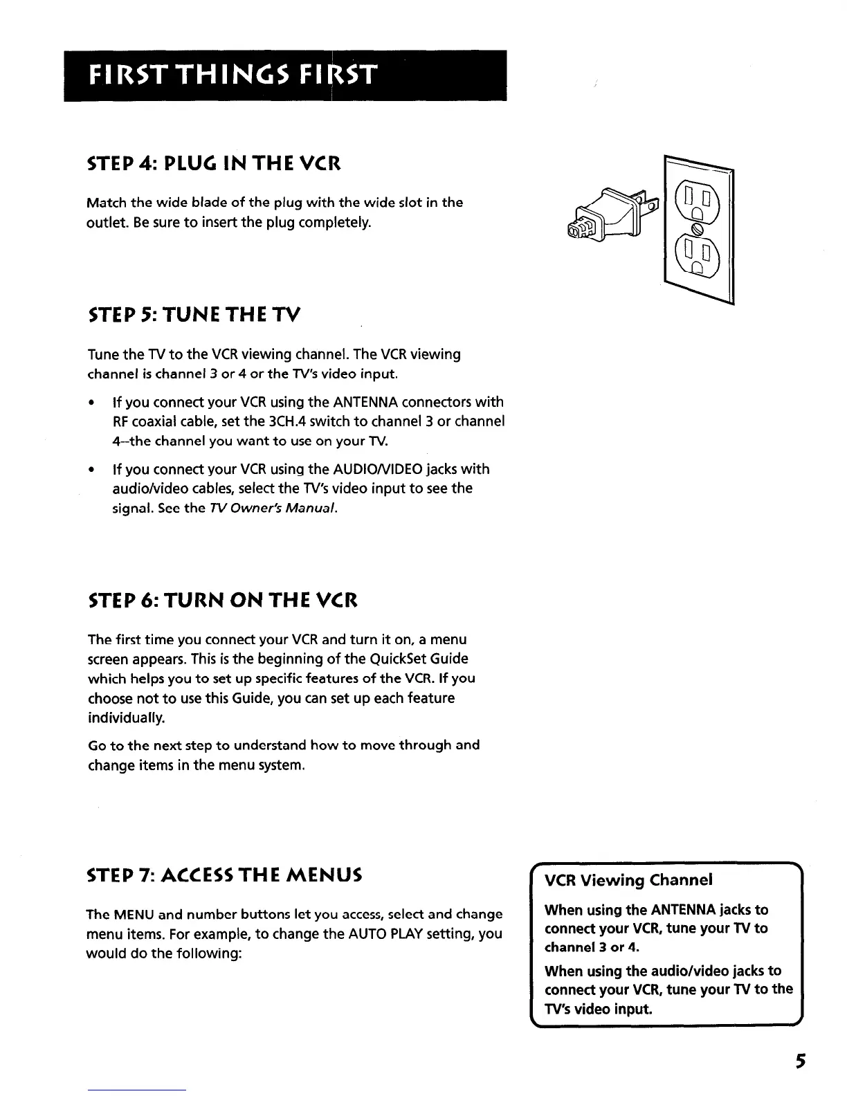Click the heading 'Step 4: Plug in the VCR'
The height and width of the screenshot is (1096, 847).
[x=214, y=165]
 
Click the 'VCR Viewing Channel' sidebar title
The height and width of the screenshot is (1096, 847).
[x=628, y=880]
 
